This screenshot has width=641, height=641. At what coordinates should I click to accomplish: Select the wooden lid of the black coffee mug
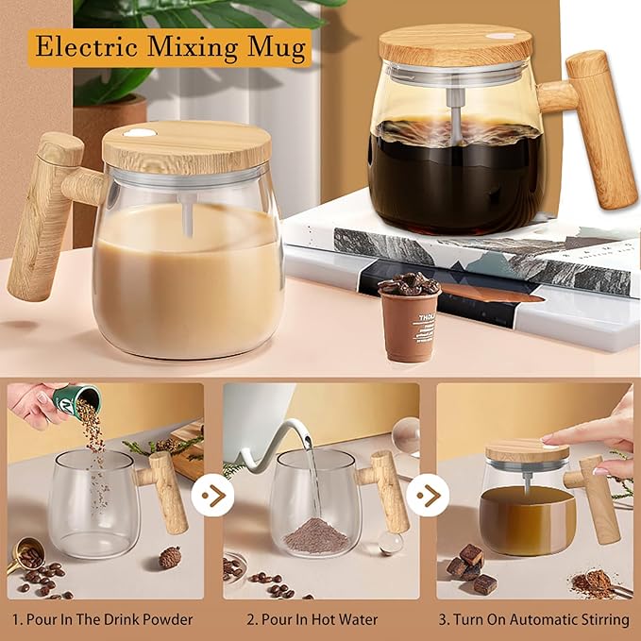click(x=456, y=45)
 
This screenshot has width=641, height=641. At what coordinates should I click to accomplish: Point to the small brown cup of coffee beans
click(x=409, y=317)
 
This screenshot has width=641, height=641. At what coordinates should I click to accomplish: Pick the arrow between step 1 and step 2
click(x=212, y=496)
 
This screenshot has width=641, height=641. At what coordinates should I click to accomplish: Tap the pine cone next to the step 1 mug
click(x=170, y=557)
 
